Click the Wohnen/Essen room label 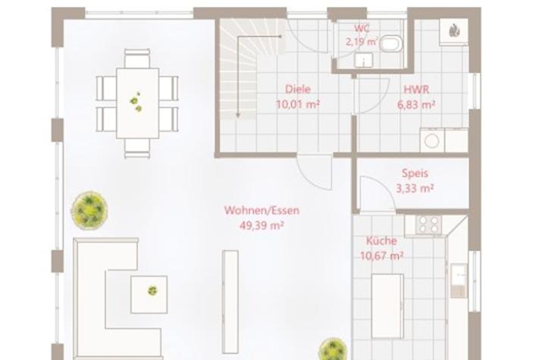(262, 211)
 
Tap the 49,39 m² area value (262, 226)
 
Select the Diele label (298, 89)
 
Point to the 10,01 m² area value (298, 104)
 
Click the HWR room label (416, 89)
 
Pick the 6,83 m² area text (416, 105)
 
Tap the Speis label (415, 174)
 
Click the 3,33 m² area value (415, 189)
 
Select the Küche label (381, 241)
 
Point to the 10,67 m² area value (381, 256)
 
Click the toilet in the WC (391, 43)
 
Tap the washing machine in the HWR (432, 140)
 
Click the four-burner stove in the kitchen (428, 224)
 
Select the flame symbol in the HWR (454, 31)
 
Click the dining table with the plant (137, 103)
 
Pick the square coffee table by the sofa (149, 295)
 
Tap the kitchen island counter (387, 306)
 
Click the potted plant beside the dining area (89, 210)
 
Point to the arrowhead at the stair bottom (238, 115)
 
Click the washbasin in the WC (364, 60)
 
